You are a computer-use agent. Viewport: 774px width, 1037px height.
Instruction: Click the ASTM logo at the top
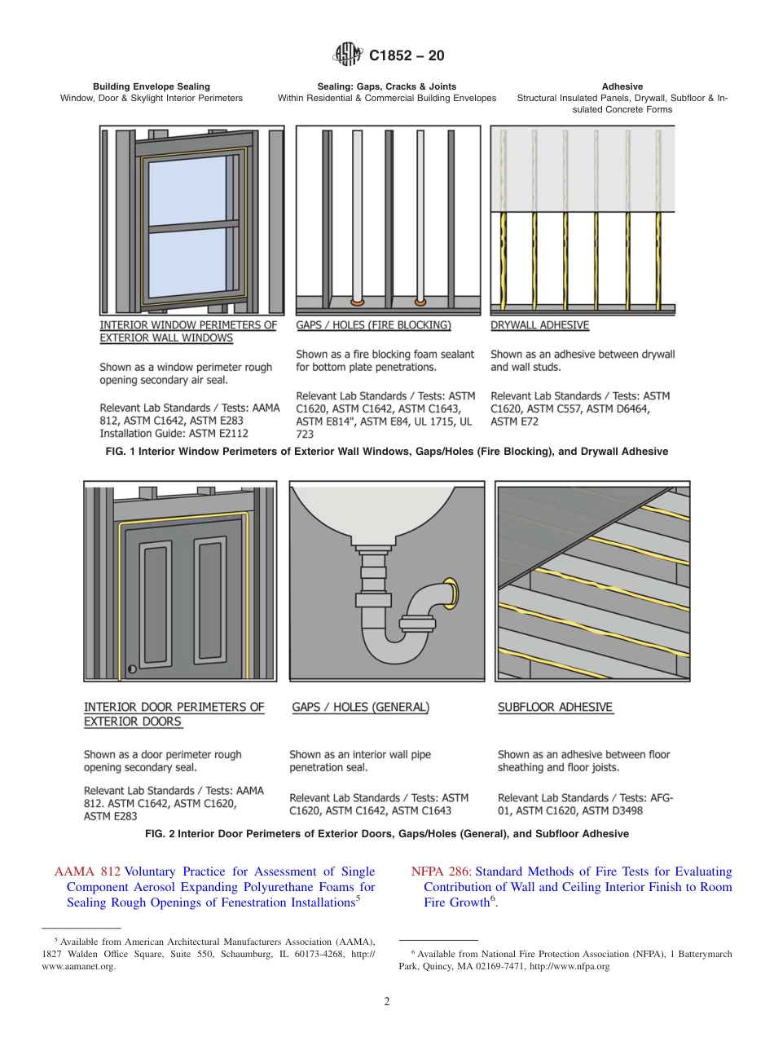(348, 55)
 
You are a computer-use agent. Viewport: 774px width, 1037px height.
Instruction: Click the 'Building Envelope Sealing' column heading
(152, 86)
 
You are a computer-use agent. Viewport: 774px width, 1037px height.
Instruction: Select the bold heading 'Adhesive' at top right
(622, 86)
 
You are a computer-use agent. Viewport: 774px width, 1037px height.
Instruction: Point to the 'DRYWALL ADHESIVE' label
(539, 324)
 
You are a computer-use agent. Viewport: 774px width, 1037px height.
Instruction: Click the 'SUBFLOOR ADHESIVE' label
(555, 707)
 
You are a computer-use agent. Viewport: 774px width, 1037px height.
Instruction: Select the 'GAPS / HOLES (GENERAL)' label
(360, 707)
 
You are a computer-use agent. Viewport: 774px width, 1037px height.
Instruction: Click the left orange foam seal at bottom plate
(357, 302)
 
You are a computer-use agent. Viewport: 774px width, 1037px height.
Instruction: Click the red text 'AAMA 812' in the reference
(86, 872)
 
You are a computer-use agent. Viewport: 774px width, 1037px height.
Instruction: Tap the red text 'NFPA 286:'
(442, 872)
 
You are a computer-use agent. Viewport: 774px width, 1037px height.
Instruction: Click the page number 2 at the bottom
(387, 1002)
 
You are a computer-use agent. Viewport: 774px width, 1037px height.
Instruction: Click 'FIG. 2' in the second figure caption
(160, 834)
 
